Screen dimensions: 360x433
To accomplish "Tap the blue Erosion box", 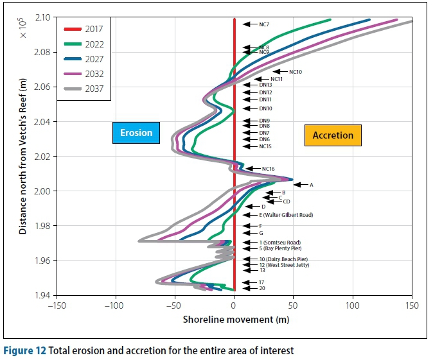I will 136,133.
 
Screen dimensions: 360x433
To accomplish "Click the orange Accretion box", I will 332,135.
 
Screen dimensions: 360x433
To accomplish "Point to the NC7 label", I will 264,24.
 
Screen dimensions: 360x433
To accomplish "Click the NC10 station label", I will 296,72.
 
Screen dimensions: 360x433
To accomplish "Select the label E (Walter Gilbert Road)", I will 285,215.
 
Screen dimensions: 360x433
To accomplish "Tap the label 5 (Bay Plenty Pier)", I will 280,248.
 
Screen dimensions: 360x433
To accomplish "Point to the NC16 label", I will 268,169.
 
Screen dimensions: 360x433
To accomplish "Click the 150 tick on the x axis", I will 412,306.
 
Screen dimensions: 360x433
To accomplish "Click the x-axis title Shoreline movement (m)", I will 234,319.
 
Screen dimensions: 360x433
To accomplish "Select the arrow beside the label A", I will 300,185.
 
